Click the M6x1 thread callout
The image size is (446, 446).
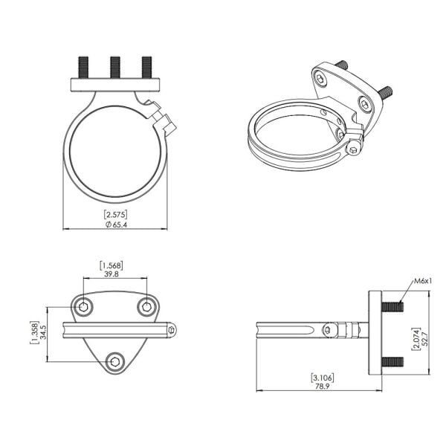[423, 281]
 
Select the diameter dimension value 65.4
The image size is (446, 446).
[115, 224]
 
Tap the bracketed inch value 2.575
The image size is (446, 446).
[115, 214]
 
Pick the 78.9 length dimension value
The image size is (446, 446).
[321, 387]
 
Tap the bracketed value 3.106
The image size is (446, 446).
[321, 378]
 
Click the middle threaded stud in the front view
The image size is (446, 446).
[115, 66]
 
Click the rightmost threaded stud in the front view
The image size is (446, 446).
[146, 66]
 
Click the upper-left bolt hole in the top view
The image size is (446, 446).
[84, 306]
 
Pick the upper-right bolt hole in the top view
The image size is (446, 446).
[146, 306]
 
